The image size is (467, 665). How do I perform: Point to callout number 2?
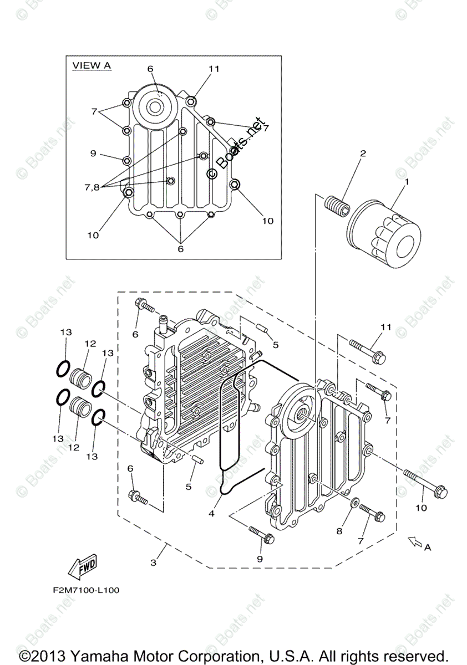coord(363,154)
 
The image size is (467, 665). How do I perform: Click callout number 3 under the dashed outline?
coord(154,562)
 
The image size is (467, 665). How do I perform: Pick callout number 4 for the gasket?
coord(211,514)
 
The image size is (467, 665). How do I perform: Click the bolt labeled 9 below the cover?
coord(260,534)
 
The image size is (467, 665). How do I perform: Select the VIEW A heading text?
coord(92,66)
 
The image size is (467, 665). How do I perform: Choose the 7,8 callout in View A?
coord(92,187)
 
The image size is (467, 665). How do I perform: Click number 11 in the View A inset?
coord(214,69)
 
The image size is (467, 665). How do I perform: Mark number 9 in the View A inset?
coord(93,153)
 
